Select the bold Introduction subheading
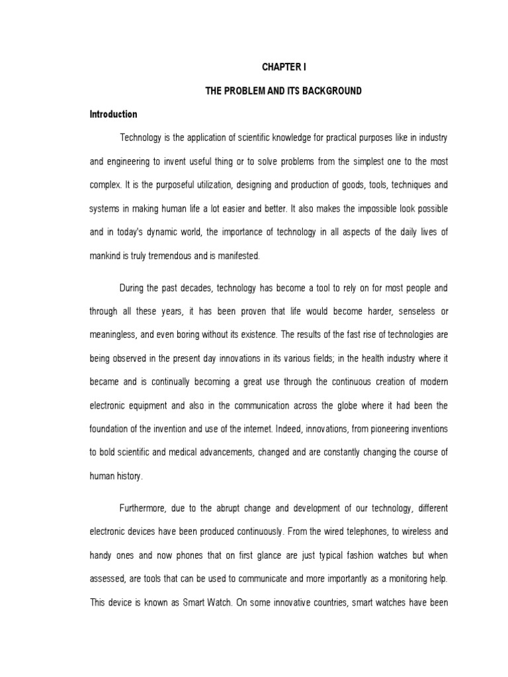tap(113, 114)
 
